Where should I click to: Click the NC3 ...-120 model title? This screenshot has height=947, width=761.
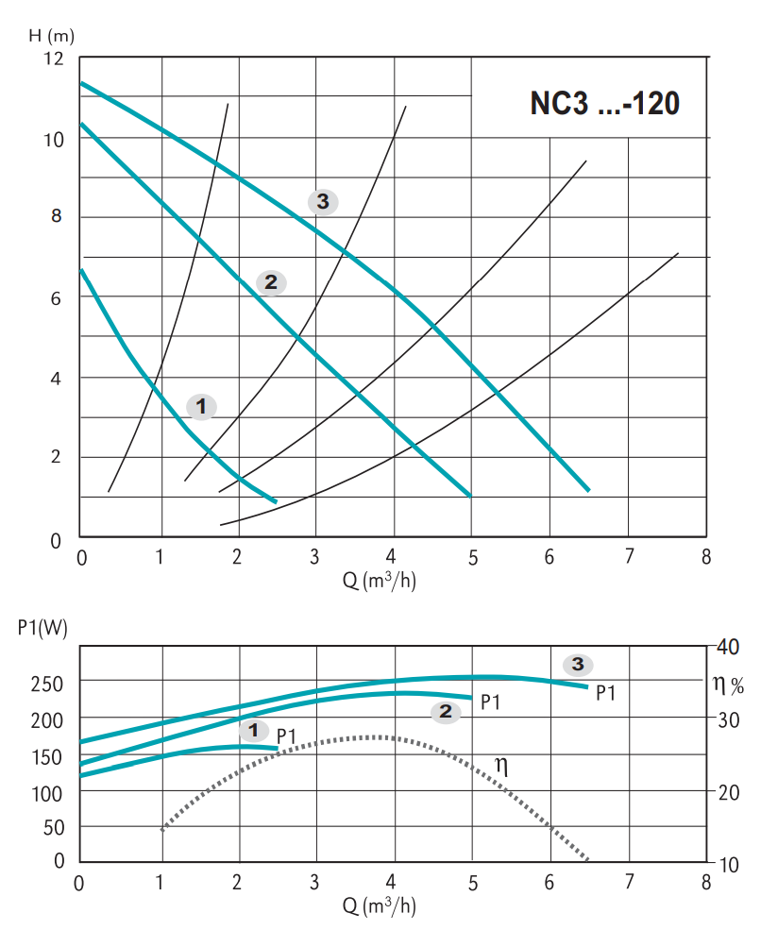(604, 103)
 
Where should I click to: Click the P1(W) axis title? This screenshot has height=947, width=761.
(42, 629)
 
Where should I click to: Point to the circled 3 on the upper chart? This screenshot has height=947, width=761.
(323, 201)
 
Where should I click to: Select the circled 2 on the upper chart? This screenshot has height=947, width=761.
(271, 281)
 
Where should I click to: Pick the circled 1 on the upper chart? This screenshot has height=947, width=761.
(201, 406)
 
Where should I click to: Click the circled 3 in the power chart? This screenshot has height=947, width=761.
(578, 664)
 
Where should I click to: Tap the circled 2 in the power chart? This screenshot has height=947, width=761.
(445, 712)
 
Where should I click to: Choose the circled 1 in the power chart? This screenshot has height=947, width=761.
(253, 730)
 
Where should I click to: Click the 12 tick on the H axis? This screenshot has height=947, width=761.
(54, 59)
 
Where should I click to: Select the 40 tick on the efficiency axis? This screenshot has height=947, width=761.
(728, 648)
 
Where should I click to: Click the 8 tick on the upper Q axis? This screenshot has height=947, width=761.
(705, 556)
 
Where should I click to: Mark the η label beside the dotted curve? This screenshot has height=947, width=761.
(501, 767)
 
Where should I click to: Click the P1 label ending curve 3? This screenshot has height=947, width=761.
(605, 694)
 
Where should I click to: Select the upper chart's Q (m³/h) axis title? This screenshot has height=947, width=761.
(380, 581)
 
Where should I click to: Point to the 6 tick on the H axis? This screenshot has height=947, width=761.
(57, 298)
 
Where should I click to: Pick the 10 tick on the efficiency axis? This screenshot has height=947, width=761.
(728, 864)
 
